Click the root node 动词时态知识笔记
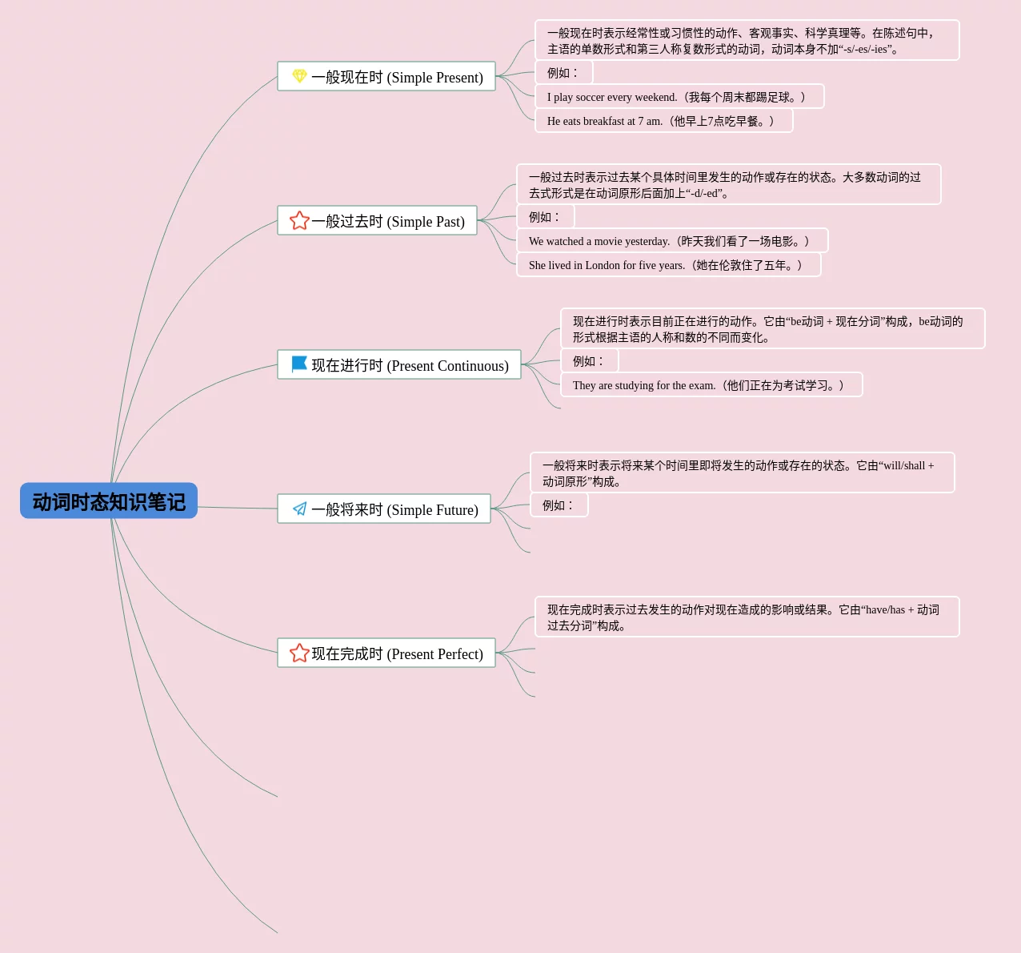(x=109, y=501)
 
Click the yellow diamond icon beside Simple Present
(x=299, y=76)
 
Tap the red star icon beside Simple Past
(x=299, y=220)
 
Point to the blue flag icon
(x=299, y=364)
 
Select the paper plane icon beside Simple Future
(x=299, y=509)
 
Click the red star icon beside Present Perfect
(x=299, y=653)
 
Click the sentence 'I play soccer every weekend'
(x=679, y=97)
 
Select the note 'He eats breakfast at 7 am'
(x=663, y=121)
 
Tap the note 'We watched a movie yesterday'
(x=671, y=241)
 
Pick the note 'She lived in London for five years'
(x=668, y=265)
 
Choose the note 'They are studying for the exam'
(x=711, y=385)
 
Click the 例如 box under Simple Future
(x=559, y=505)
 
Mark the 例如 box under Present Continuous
(x=589, y=361)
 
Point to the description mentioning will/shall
(x=742, y=472)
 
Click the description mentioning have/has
(x=746, y=617)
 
